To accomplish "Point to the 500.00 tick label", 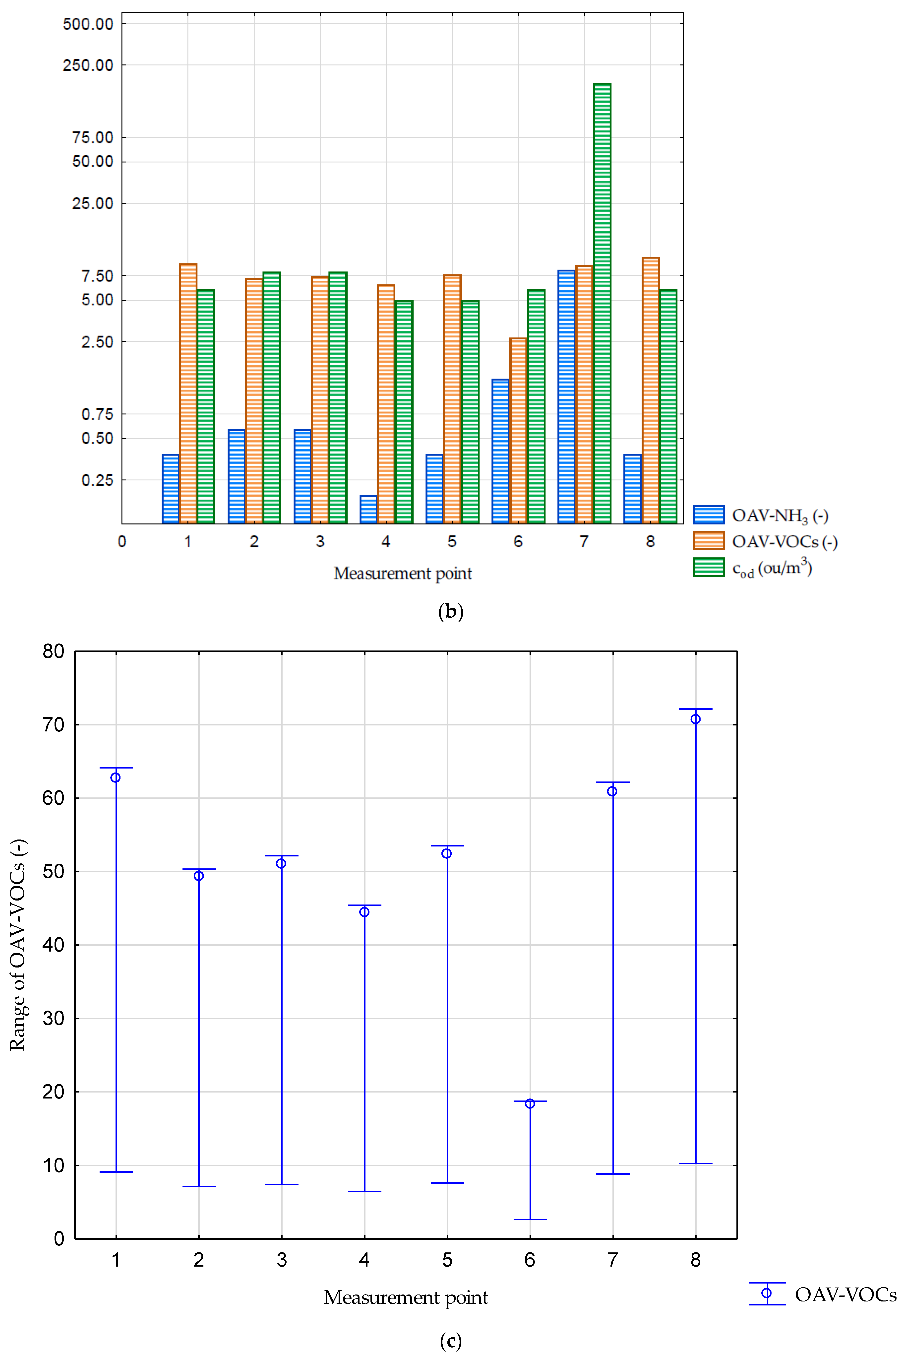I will point(88,24).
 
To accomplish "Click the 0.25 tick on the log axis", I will point(97,480).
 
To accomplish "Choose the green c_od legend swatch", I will point(708,567).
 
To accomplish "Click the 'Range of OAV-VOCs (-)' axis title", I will point(17,945).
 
